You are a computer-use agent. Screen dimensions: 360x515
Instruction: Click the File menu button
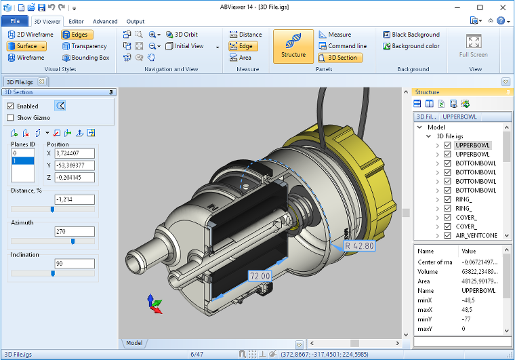[15, 21]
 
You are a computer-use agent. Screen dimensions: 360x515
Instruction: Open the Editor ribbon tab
[76, 22]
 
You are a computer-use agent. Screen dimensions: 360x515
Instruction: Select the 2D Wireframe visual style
[30, 35]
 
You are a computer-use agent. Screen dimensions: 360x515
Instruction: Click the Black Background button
[411, 35]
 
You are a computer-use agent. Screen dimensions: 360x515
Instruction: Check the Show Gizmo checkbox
[10, 117]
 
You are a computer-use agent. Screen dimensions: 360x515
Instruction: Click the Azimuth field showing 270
[75, 232]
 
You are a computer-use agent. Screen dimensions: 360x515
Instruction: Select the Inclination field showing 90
[75, 264]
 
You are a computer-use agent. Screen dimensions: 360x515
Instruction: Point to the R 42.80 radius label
[359, 246]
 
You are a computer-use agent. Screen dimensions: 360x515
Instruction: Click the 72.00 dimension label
[260, 276]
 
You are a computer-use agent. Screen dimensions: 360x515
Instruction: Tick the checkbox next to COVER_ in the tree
[447, 218]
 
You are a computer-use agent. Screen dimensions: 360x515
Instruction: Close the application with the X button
[499, 7]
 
